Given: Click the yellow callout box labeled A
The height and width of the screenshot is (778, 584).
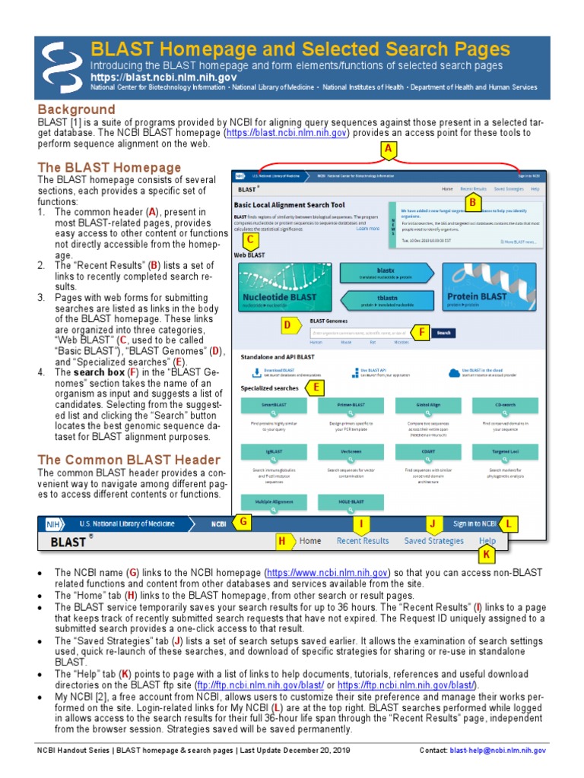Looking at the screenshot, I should (x=389, y=150).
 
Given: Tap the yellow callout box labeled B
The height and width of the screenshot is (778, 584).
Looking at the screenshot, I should (x=472, y=203).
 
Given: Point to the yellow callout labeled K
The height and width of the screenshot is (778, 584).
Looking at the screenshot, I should (x=484, y=556).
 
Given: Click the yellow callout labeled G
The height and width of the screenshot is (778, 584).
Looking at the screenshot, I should (x=243, y=522).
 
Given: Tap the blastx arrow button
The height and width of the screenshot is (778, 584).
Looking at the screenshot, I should (x=386, y=272).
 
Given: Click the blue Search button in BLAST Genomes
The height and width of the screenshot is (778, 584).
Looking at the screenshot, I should (x=444, y=333).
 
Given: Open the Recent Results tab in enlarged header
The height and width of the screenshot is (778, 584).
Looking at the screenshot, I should (x=363, y=541).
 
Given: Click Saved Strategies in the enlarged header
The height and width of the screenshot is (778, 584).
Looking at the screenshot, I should (x=433, y=541).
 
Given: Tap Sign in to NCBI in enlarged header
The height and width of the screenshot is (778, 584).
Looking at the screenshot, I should (x=474, y=523).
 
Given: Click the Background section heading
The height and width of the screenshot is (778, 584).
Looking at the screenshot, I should (x=76, y=109).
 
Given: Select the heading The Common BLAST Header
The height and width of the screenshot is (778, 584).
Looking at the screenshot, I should (x=129, y=460).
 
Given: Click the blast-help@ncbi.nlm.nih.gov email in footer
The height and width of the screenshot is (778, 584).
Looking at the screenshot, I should (x=498, y=750).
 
